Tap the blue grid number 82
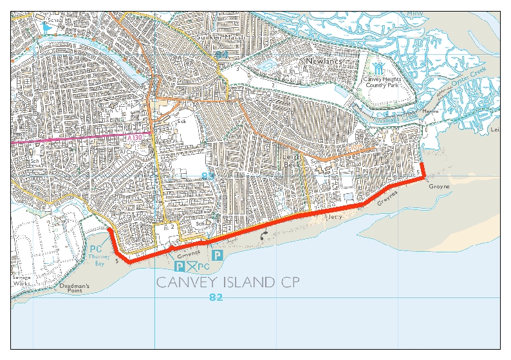(217, 297)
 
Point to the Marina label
(429, 111)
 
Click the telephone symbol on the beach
(263, 236)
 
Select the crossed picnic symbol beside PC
(192, 266)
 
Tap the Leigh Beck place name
(290, 160)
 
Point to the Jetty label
(334, 218)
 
